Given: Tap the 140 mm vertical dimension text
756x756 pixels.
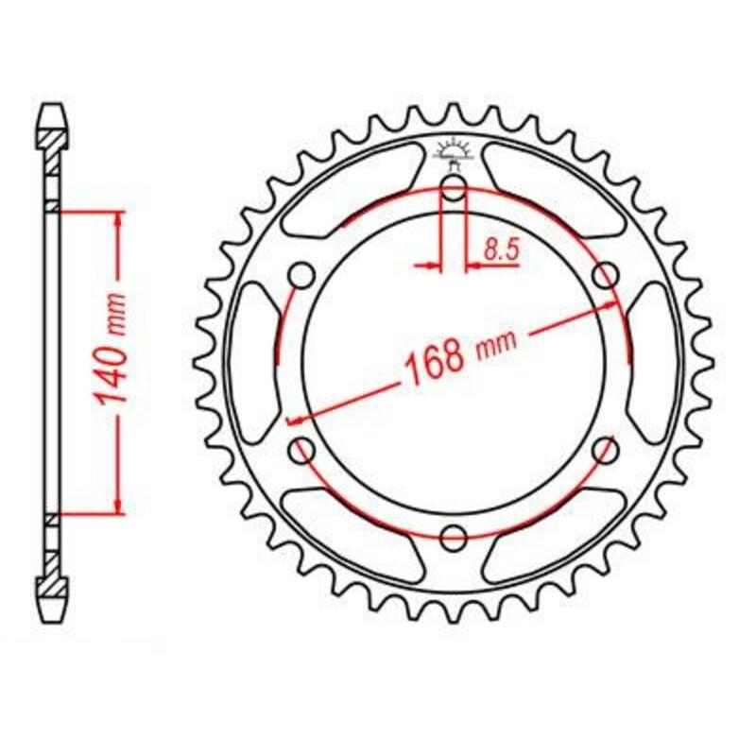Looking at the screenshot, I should tap(113, 363).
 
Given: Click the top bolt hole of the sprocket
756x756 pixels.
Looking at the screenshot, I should tap(454, 190).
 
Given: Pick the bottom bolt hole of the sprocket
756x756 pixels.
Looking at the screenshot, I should tap(454, 538).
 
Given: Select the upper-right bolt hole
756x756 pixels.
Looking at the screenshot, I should tap(605, 276).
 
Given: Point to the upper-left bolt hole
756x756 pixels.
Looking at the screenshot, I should tap(302, 276).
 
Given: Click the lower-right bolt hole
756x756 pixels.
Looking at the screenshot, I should tap(605, 451).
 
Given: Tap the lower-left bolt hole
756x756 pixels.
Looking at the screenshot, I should tap(302, 451).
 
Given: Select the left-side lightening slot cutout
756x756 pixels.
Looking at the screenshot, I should tap(250, 363).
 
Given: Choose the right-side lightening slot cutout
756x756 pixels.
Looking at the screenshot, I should tap(656, 363).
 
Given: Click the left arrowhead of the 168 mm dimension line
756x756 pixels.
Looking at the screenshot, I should tap(294, 419).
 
